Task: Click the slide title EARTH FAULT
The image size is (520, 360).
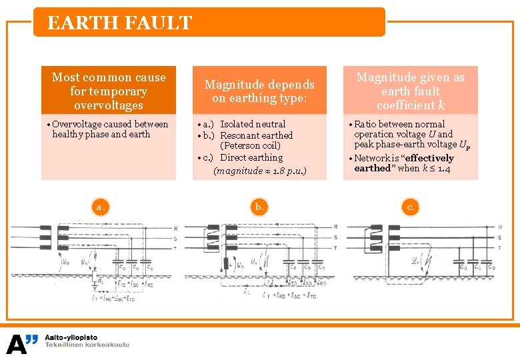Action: pos(120,23)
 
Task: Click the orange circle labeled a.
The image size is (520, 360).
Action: pos(99,207)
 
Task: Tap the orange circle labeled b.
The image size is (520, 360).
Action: pos(259,207)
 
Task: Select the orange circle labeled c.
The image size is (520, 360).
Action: pos(411,207)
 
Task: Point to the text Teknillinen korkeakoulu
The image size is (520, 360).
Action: pos(87,345)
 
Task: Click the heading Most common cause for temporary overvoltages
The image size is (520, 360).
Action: pos(109,91)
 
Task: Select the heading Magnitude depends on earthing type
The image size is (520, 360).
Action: pos(259,91)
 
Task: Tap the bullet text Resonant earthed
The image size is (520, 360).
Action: pos(257,135)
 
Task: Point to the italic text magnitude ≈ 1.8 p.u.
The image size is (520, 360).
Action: pos(259,171)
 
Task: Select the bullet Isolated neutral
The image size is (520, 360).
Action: pos(253,124)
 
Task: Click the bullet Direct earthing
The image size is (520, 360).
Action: pos(251,157)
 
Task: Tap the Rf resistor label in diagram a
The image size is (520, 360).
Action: pos(101,283)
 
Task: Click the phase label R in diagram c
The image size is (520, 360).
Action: pos(500,227)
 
